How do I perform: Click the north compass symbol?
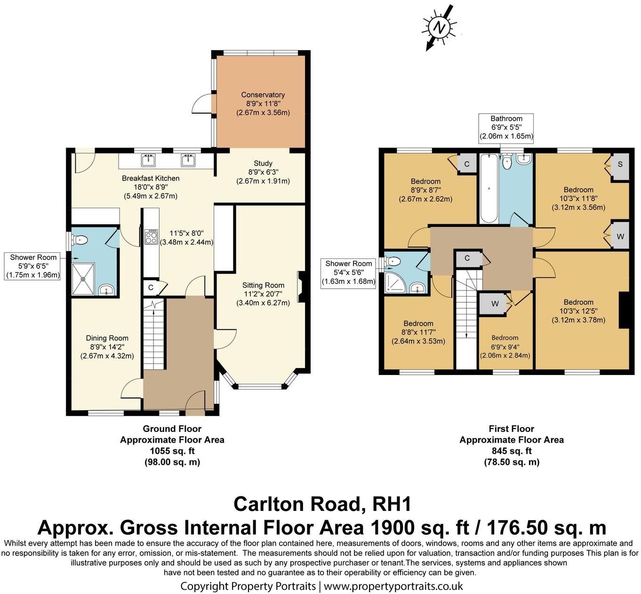[x=439, y=27]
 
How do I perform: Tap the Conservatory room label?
[x=263, y=103]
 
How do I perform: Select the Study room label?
[x=263, y=172]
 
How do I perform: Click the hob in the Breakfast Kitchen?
[x=151, y=236]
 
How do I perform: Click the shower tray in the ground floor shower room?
[x=83, y=279]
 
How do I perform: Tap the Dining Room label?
[x=107, y=347]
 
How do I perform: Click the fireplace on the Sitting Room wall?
[x=302, y=287]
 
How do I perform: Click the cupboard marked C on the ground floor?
[x=151, y=288]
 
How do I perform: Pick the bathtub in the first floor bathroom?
[x=489, y=188]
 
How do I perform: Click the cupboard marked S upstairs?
[x=620, y=164]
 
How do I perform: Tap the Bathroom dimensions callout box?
[x=506, y=127]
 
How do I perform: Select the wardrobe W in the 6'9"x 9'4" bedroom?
[x=495, y=304]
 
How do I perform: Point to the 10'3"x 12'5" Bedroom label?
[x=578, y=311]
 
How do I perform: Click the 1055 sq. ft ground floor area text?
[x=172, y=451]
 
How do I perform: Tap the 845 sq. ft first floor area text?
[x=511, y=451]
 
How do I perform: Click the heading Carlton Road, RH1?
[x=322, y=504]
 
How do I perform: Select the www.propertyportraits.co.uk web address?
[x=393, y=586]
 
